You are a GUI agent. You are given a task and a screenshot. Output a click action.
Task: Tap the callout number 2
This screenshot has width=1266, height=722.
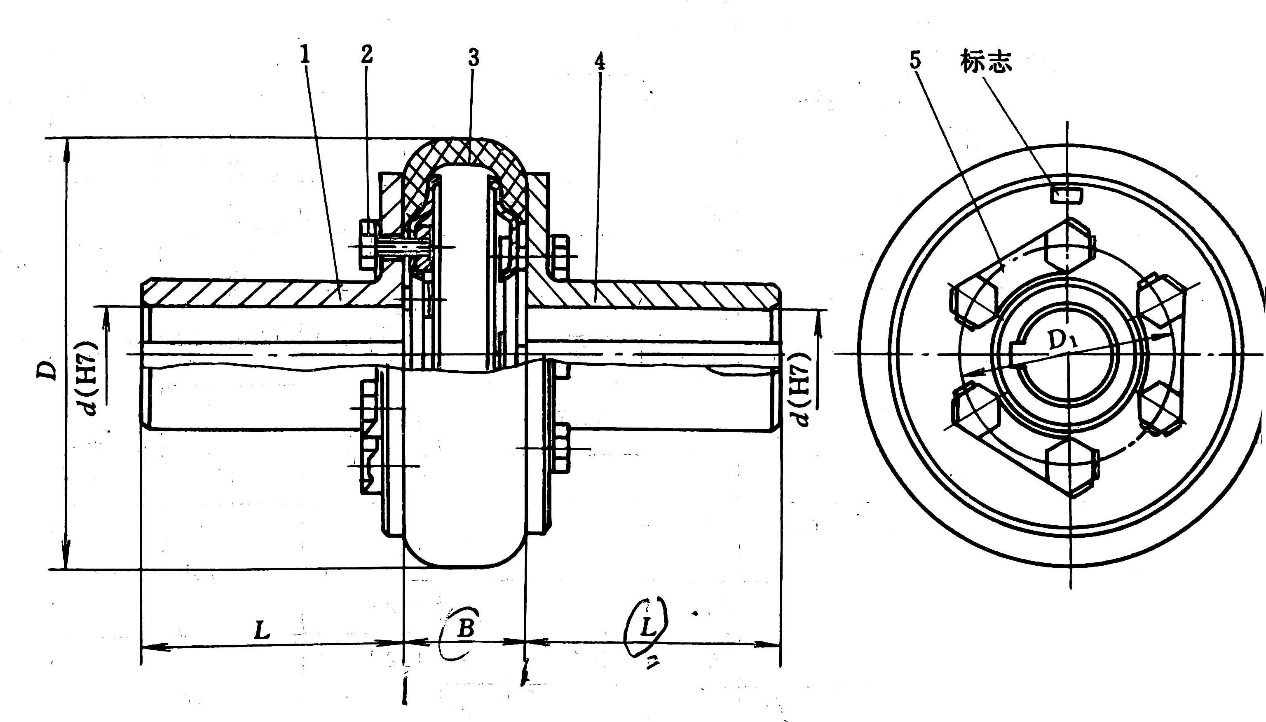[x=367, y=55]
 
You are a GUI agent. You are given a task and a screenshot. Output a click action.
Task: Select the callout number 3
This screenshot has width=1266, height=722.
[x=473, y=59]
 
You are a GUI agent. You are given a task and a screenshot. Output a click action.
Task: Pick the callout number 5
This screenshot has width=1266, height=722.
[x=915, y=61]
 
